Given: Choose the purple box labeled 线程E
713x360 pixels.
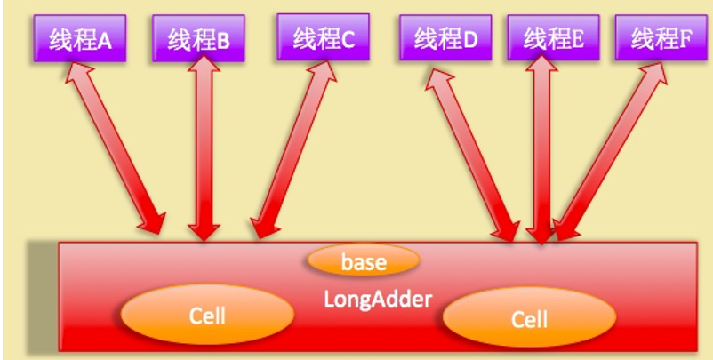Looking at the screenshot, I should pos(552,39).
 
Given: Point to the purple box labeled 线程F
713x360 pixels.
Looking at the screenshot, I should pos(661,39).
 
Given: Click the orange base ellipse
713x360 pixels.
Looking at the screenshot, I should pos(364,261).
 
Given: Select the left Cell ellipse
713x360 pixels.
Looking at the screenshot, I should pos(207,316).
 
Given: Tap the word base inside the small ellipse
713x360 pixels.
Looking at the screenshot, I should pos(364,262).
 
